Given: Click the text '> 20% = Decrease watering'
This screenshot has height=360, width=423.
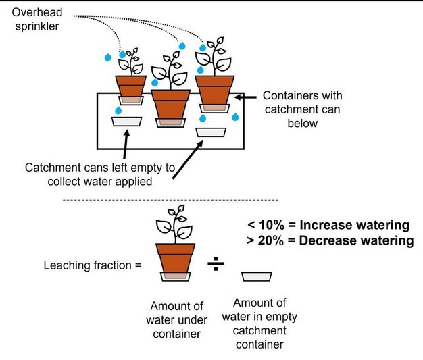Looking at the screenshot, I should [328, 240].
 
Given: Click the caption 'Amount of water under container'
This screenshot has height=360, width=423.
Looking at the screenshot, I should [176, 318].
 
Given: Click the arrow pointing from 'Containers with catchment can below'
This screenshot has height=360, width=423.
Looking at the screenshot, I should [245, 96].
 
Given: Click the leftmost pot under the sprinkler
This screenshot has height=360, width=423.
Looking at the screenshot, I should [130, 87].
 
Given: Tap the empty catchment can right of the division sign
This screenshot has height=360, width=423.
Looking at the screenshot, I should [257, 276].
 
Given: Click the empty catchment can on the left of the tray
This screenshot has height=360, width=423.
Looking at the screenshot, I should [126, 122].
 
